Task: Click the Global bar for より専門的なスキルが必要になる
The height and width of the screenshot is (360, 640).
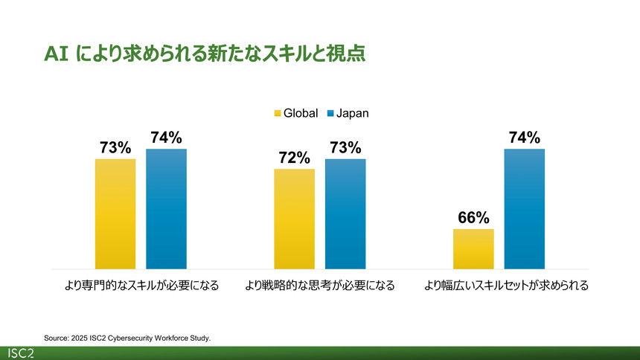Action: tap(115, 213)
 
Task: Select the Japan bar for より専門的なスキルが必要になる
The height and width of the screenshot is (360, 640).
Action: tap(166, 208)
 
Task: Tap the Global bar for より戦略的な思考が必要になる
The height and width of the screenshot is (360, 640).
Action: tap(294, 219)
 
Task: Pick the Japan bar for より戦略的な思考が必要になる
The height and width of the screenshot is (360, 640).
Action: tap(345, 213)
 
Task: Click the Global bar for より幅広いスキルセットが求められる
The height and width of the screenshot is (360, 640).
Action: tap(473, 248)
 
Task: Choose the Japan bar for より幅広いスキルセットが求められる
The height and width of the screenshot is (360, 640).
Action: tap(525, 208)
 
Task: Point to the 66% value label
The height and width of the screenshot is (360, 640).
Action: tap(473, 218)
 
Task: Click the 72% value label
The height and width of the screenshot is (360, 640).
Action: tap(294, 158)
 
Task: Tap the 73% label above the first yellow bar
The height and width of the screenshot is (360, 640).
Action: tap(115, 147)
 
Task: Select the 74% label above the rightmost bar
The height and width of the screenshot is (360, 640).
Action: tap(525, 138)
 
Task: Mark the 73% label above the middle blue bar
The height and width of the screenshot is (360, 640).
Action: tap(345, 147)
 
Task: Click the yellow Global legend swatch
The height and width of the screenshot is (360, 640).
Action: tap(278, 114)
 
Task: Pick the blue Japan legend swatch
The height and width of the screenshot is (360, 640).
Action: tap(330, 114)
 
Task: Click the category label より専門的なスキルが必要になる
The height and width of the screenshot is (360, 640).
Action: tap(141, 285)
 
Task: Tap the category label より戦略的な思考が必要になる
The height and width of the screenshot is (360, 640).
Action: tap(320, 285)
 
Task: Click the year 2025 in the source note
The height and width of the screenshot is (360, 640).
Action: tap(80, 338)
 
